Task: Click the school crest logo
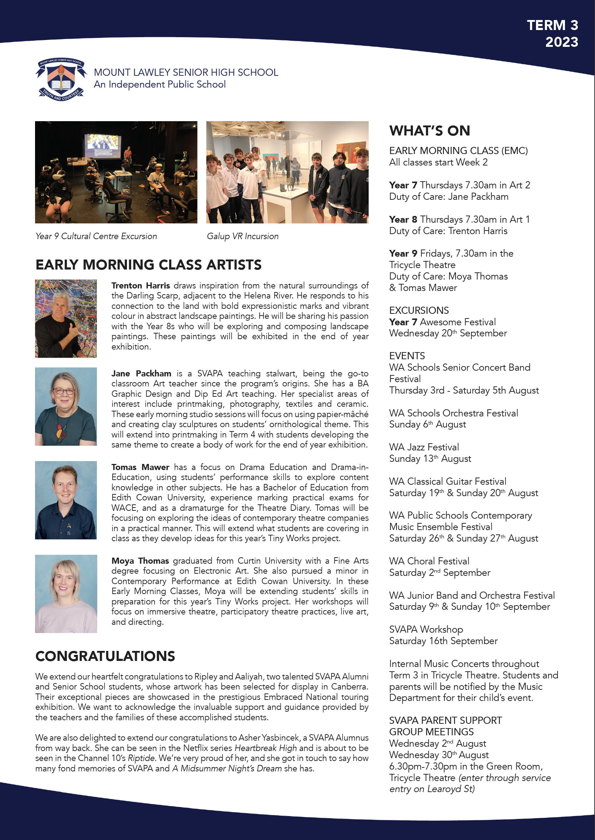[x=61, y=80]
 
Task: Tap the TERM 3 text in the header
[x=552, y=25]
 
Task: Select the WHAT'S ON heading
[x=429, y=131]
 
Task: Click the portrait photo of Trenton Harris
[x=66, y=318]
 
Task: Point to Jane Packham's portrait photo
[x=66, y=406]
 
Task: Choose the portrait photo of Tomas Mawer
[x=66, y=500]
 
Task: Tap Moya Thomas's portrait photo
[x=66, y=594]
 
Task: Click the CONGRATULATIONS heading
[x=105, y=656]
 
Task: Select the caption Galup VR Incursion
[x=242, y=236]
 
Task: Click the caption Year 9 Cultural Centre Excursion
[x=96, y=236]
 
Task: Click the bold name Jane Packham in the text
[x=141, y=374]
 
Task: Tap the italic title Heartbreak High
[x=265, y=748]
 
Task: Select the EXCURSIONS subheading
[x=419, y=311]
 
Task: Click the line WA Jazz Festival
[x=424, y=447]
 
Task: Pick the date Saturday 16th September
[x=443, y=641]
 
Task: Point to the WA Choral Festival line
[x=429, y=561]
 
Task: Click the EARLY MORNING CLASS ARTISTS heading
[x=148, y=265]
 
